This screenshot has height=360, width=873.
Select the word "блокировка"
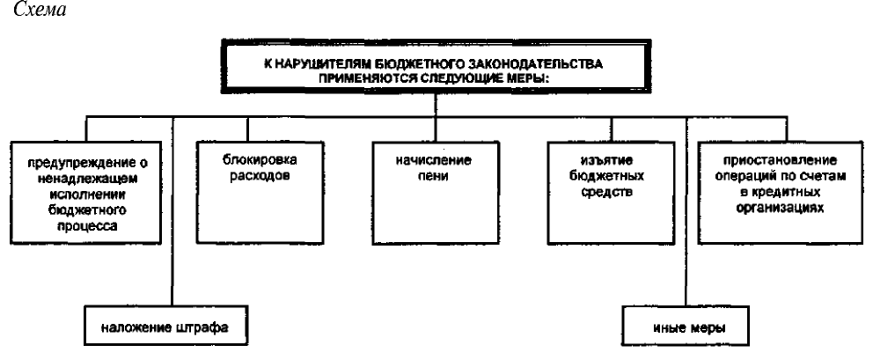click(x=260, y=160)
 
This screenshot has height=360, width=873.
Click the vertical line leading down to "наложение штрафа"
click(x=172, y=210)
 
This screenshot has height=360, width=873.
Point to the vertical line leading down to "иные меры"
click(x=687, y=210)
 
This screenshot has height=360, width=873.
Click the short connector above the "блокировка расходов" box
click(x=247, y=129)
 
